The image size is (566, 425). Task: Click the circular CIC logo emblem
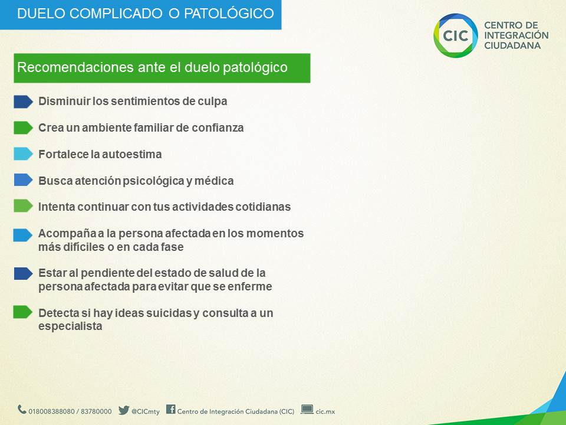tap(456, 35)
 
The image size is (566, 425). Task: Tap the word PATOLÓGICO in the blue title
tap(229, 14)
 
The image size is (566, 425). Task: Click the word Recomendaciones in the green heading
tap(75, 67)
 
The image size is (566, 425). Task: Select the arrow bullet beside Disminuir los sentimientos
tap(23, 102)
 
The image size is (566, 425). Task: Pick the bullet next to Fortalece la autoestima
tap(23, 154)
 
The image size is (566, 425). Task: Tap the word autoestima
tap(131, 154)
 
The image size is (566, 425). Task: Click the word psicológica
tap(153, 181)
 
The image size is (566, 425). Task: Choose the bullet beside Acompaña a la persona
tap(23, 235)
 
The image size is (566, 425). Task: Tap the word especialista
tap(70, 326)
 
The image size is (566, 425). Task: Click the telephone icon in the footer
tap(22, 410)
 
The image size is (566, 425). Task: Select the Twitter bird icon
tap(124, 410)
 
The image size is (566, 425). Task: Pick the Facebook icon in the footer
tap(171, 409)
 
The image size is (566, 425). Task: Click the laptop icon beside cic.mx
tap(307, 410)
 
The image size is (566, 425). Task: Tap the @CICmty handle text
tap(146, 411)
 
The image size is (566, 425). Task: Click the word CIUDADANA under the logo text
tap(512, 45)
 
